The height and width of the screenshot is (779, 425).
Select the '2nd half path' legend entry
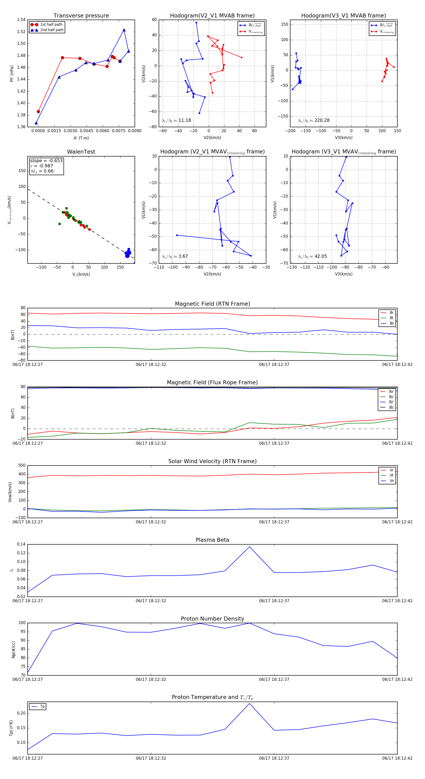tap(52, 30)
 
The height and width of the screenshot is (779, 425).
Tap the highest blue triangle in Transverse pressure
tap(124, 30)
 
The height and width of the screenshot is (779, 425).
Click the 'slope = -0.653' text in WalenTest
tap(46, 161)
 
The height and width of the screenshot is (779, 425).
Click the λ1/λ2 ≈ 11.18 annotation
tap(176, 120)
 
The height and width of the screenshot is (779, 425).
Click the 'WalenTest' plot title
tap(81, 152)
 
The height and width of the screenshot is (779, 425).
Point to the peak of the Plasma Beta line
tap(249, 547)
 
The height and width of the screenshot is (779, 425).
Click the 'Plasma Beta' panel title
tap(212, 540)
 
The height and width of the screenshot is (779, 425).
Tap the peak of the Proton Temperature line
tap(249, 704)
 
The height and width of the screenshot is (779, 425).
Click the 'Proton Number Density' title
tap(212, 619)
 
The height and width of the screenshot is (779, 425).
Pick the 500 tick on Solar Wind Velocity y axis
tap(21, 466)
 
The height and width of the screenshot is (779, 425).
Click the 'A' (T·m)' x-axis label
tap(81, 138)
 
